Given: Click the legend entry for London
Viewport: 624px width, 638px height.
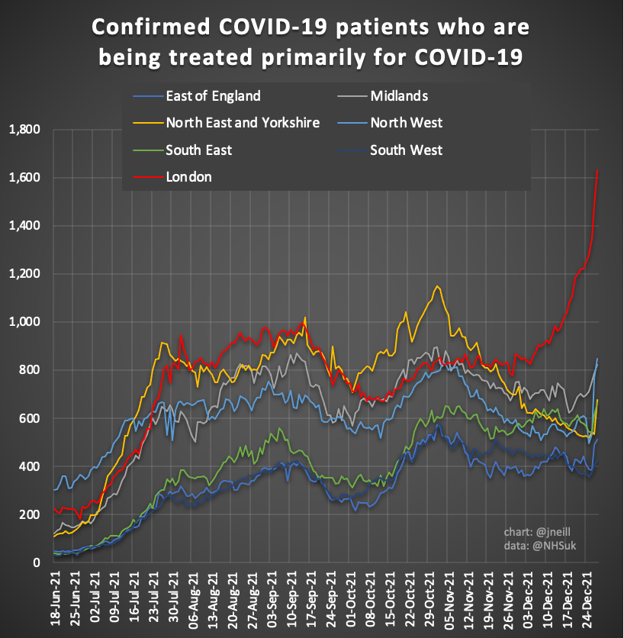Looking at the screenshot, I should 188,177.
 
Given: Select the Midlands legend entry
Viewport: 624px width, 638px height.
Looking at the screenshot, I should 398,96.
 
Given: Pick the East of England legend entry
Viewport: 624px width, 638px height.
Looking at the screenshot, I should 213,96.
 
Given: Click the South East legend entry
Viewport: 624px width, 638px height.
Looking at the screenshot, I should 199,150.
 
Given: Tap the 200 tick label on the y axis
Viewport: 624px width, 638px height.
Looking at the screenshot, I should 29,515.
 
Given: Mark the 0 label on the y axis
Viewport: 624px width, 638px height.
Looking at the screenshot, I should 36,563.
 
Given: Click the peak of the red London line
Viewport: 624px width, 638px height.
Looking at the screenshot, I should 597,170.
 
